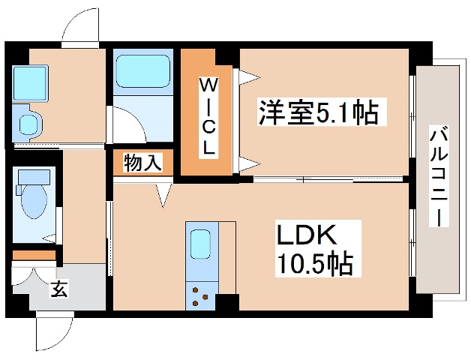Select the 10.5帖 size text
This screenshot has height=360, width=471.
pos(314,264)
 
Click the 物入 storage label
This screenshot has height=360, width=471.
pos(142,163)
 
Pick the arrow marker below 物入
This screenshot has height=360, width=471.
pos(163,196)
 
